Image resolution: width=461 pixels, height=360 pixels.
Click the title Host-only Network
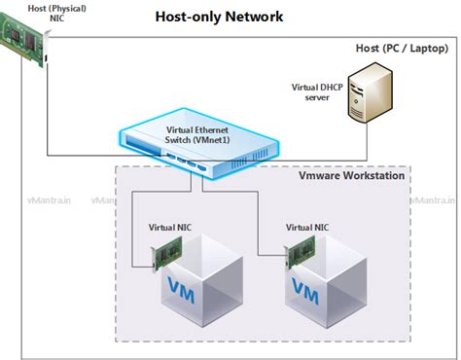click(220, 17)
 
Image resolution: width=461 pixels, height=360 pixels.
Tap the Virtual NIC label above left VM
click(169, 227)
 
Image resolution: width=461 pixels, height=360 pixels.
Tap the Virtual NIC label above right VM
click(306, 227)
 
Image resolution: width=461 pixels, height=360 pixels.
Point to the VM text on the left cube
click(182, 289)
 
